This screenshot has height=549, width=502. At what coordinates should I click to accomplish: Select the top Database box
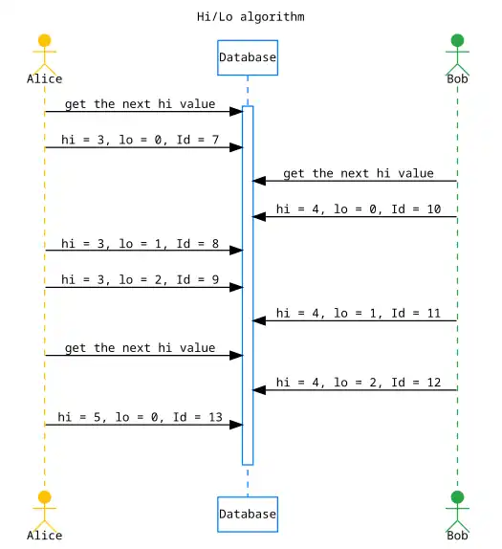coord(248,57)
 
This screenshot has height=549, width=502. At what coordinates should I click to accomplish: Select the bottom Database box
coord(248,514)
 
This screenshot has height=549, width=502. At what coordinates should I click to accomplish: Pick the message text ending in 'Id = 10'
coord(359,209)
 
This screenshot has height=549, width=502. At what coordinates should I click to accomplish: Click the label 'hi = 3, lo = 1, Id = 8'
coord(140,243)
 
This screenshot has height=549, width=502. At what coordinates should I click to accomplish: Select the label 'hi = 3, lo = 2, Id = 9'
coord(140,279)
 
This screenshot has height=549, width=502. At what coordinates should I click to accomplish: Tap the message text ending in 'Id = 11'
coord(359,313)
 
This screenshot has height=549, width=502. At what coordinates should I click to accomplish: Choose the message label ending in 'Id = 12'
coord(359,383)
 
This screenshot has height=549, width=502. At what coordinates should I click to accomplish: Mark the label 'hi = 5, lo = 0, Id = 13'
coord(140,417)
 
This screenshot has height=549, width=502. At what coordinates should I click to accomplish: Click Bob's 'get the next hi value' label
coord(359,173)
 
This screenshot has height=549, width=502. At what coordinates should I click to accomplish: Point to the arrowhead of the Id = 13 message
coord(236,425)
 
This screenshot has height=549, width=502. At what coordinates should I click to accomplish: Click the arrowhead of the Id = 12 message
coord(259,390)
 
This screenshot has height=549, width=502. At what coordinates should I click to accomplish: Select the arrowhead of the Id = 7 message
coord(236,147)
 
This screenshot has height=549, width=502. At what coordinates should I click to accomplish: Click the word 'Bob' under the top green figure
coord(457,79)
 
